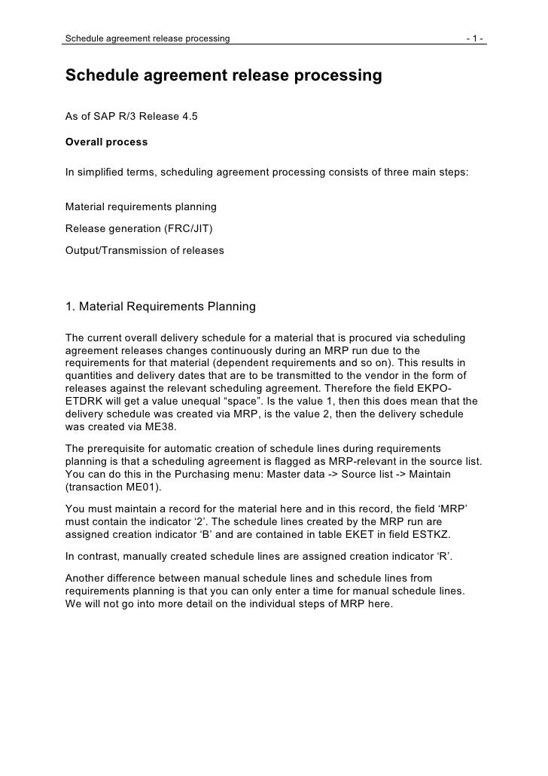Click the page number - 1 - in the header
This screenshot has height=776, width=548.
(x=476, y=38)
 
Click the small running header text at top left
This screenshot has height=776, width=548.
(x=148, y=38)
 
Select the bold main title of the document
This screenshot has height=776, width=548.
(x=224, y=76)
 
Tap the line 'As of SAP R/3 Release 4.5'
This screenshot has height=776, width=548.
(x=132, y=117)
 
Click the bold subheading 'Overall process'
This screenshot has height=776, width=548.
(x=107, y=142)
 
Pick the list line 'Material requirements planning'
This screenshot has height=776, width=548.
(x=141, y=206)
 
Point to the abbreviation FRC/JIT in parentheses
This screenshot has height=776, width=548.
(x=181, y=228)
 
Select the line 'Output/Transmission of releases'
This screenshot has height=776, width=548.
(x=145, y=249)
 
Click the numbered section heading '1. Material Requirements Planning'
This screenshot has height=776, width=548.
(x=161, y=307)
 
